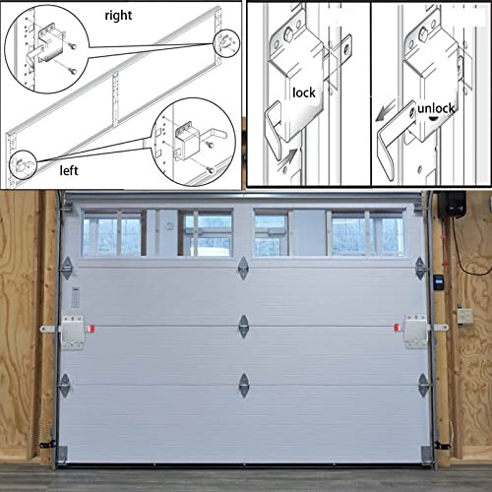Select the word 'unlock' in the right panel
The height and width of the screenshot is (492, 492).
coord(434,109)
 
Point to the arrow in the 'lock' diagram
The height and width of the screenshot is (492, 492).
coord(292,150)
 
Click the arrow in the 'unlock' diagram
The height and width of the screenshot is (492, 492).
coord(388,112)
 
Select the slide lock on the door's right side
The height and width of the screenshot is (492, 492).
coord(417,331)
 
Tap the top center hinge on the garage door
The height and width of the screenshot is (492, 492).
coord(243,267)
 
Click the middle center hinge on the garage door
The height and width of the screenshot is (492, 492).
coord(243,326)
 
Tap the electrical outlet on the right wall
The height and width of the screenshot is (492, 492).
coord(463,316)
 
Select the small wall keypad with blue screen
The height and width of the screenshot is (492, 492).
coord(441,279)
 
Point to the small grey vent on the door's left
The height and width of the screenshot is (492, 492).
coord(76,298)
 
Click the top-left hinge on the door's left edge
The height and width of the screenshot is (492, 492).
coord(66,268)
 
